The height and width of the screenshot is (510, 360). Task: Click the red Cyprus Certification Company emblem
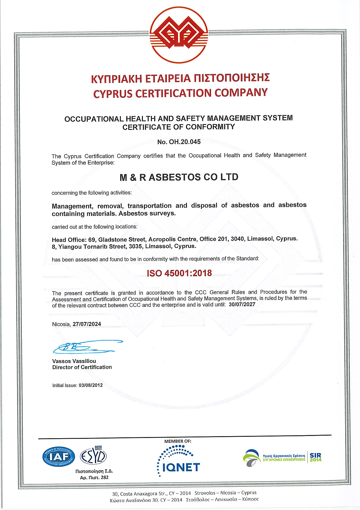click(179, 35)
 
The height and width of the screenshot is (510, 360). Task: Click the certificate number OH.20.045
click(185, 142)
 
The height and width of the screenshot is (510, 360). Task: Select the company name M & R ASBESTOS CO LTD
click(179, 177)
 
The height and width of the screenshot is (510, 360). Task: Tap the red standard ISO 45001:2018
click(179, 273)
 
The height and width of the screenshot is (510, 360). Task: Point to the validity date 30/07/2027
click(242, 304)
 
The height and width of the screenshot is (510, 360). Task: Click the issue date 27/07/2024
click(87, 324)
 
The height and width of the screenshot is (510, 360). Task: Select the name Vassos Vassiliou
click(74, 361)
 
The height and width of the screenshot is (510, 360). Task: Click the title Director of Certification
click(82, 367)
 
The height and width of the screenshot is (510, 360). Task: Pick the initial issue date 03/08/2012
click(91, 385)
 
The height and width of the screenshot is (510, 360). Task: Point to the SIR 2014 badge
click(316, 457)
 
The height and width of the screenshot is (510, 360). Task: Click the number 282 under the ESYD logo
click(105, 477)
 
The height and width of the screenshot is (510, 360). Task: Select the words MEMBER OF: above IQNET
click(178, 441)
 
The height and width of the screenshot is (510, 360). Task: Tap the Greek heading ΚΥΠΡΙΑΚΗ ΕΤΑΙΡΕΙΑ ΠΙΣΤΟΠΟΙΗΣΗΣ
click(180, 78)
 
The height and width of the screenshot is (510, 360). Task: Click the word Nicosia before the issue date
click(61, 324)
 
